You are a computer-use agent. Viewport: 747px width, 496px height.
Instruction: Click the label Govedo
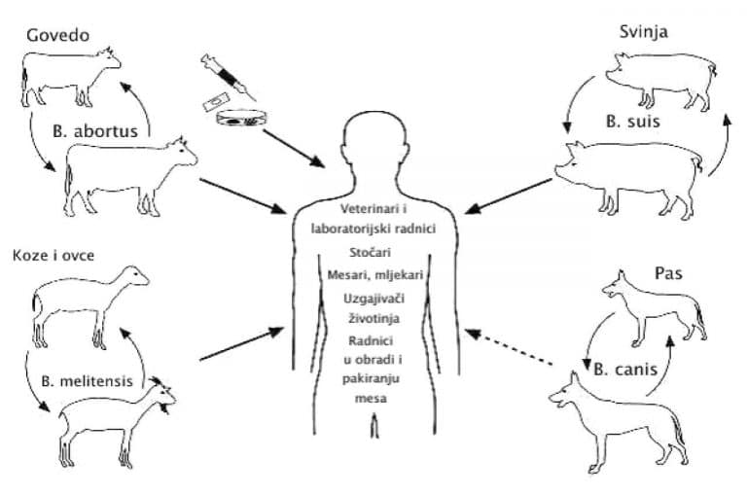pyautogui.click(x=57, y=35)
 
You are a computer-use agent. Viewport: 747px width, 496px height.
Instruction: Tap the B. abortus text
pyautogui.click(x=94, y=131)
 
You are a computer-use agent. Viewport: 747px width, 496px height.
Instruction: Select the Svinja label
pyautogui.click(x=643, y=32)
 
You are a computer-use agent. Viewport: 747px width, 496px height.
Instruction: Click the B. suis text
pyautogui.click(x=632, y=121)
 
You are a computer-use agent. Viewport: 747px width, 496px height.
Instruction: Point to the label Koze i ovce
pyautogui.click(x=53, y=256)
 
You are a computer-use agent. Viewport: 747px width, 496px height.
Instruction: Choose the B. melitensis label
pyautogui.click(x=87, y=381)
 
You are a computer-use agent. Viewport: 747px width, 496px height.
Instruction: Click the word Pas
pyautogui.click(x=668, y=273)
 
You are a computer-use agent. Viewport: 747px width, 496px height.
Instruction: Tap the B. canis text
pyautogui.click(x=625, y=370)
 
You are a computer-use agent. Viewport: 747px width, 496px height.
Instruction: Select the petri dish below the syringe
pyautogui.click(x=241, y=118)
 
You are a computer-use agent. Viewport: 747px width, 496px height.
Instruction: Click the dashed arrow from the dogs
pyautogui.click(x=509, y=348)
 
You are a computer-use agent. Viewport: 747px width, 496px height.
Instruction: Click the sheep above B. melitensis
pyautogui.click(x=90, y=306)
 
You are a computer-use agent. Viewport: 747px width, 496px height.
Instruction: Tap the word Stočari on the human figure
pyautogui.click(x=370, y=252)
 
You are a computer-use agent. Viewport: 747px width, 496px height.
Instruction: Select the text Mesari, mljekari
pyautogui.click(x=374, y=275)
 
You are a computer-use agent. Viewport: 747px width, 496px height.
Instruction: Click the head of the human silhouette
pyautogui.click(x=374, y=143)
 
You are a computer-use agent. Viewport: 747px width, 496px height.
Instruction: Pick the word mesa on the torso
pyautogui.click(x=371, y=399)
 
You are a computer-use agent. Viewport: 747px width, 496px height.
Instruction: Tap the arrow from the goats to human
pyautogui.click(x=241, y=344)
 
